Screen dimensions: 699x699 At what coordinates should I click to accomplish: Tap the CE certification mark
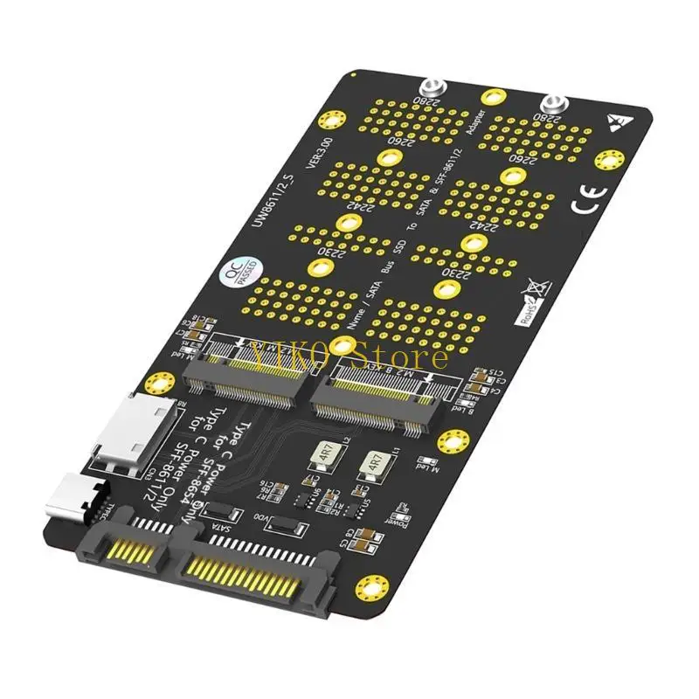tap(584, 202)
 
